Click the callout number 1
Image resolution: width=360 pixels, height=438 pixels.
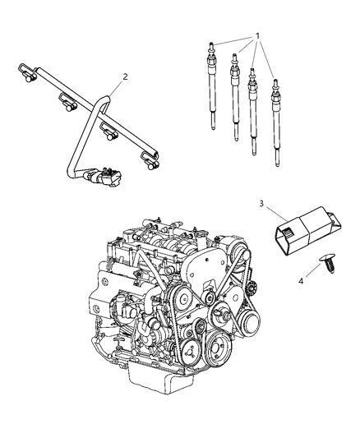tap(258, 36)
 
